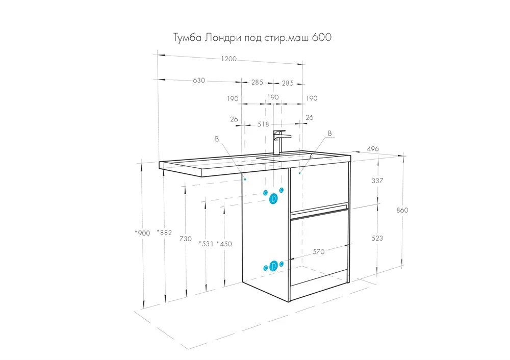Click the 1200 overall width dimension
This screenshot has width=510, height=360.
click(228, 59)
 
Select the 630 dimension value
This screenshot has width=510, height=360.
click(199, 80)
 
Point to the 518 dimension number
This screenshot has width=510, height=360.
click(263, 124)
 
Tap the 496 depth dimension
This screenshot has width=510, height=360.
click(373, 148)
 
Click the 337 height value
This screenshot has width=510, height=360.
click(377, 181)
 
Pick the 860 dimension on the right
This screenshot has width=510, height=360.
click(402, 210)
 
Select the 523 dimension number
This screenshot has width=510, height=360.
click(377, 238)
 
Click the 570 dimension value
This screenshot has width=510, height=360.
click(318, 251)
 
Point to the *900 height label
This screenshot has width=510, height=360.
click(142, 233)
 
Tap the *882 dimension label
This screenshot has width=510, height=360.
click(164, 232)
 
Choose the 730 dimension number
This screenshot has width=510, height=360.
click(186, 239)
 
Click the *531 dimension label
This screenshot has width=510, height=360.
click(206, 244)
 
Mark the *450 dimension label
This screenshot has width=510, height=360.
click(224, 244)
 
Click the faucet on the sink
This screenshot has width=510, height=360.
click(279, 142)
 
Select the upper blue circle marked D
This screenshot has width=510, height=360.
click(273, 198)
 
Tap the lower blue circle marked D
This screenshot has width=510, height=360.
click(273, 266)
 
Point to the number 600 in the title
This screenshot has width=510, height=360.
click(321, 37)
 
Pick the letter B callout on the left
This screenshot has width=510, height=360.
click(217, 139)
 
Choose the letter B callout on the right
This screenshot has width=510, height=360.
click(330, 133)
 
